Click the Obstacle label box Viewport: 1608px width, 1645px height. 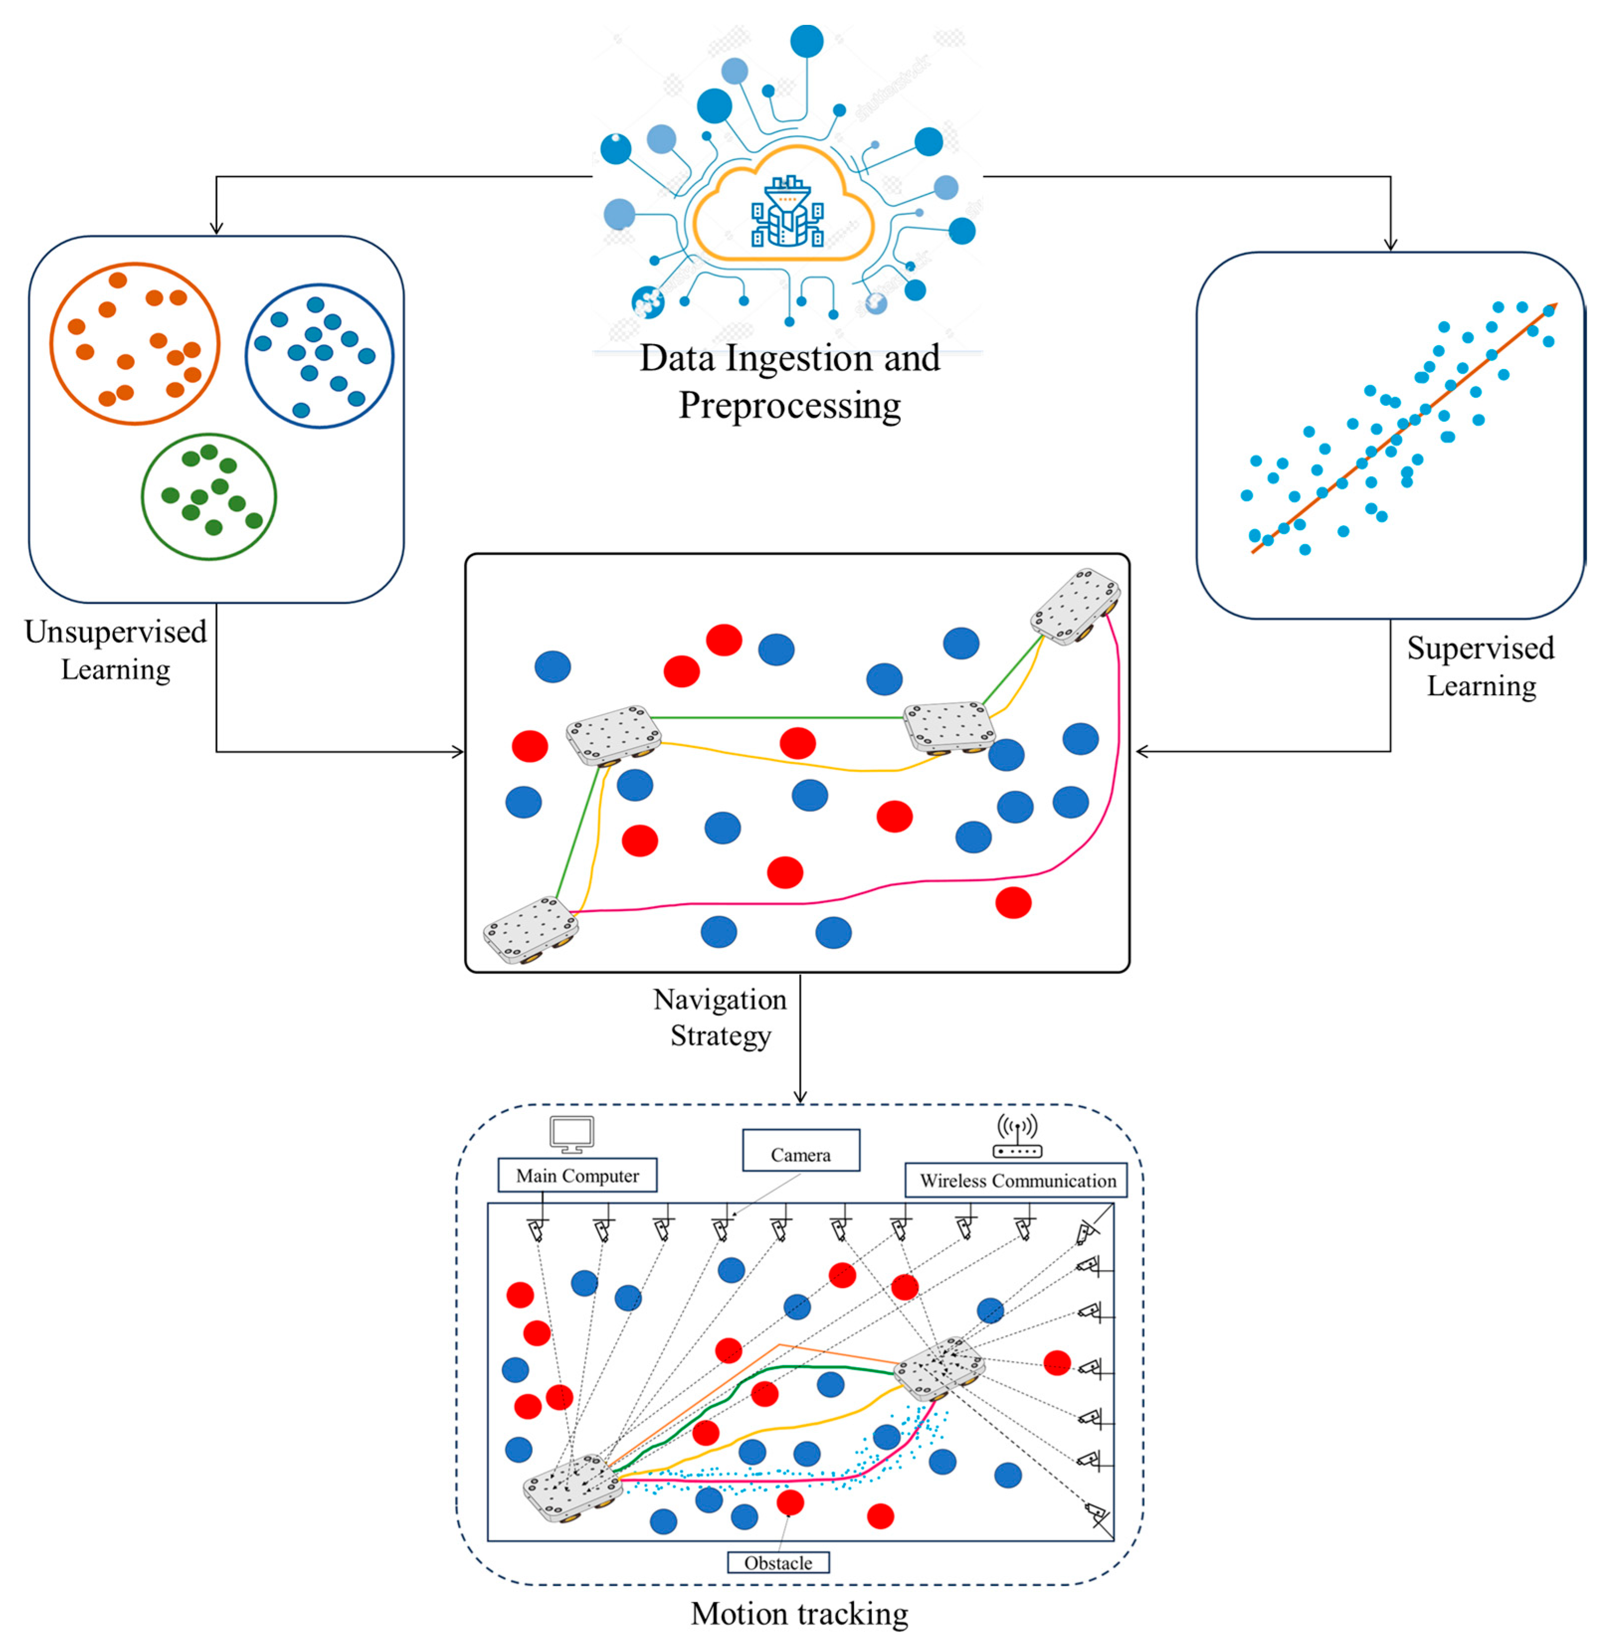tap(778, 1561)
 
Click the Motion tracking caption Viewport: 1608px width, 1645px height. tap(799, 1612)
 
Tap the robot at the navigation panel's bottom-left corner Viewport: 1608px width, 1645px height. tap(531, 930)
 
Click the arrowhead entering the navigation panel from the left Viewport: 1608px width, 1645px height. tap(458, 751)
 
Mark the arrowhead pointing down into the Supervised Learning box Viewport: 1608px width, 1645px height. tap(1390, 245)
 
